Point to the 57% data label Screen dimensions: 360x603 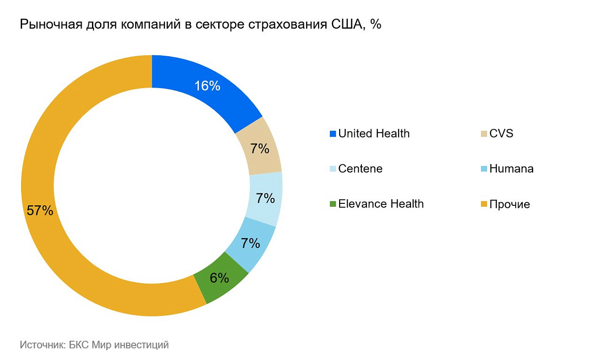pos(40,210)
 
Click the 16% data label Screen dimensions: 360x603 pos(208,86)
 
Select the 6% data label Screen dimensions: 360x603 pos(220,278)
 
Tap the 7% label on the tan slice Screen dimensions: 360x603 pos(260,149)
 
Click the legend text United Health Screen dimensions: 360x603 pos(374,134)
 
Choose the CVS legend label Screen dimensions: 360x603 pos(501,134)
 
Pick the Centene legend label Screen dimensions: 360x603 pos(360,169)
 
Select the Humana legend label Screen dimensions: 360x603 pos(512,169)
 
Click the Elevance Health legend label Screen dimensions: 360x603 pos(381,204)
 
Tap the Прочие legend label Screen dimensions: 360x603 pos(510,204)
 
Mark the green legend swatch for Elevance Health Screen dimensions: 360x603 pos(333,204)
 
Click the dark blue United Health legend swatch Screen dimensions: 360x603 pos(333,134)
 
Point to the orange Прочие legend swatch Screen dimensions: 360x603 pos(484,204)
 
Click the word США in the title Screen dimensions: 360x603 pos(349,25)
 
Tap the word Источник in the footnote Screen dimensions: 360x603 pos(40,345)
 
